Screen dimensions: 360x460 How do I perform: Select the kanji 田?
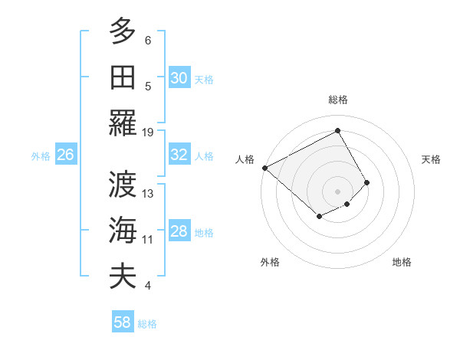pos(123,77)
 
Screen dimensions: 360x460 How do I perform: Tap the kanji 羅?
pos(123,123)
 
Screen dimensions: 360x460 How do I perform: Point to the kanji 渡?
pos(123,184)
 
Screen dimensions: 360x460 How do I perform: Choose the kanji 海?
pos(123,230)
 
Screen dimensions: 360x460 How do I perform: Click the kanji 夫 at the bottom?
pos(123,276)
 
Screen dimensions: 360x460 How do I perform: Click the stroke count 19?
pos(148,133)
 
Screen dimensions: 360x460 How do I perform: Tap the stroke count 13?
pos(148,194)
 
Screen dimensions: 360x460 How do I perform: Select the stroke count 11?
pos(148,240)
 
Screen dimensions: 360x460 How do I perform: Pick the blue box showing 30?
pos(179,78)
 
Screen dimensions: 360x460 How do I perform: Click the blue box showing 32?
pos(179,155)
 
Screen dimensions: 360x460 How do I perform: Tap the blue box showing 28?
pos(179,231)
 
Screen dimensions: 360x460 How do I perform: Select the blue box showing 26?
pos(65,155)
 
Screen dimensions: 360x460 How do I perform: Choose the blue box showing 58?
pos(123,322)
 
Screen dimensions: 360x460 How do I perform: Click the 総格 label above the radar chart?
pos(337,100)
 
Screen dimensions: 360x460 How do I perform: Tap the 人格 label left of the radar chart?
pos(245,159)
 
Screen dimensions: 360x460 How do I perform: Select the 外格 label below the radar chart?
pos(270,262)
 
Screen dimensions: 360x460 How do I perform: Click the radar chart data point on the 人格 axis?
pos(264,168)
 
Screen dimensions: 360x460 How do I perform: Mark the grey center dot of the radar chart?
pos(337,191)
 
